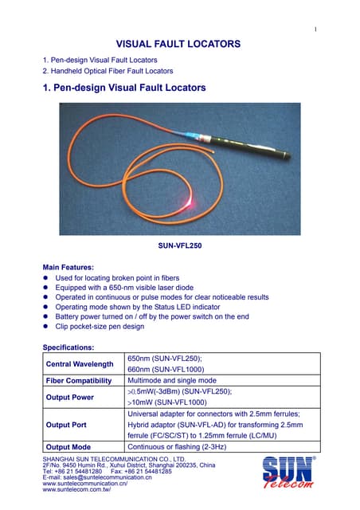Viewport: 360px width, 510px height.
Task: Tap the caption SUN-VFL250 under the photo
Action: (181, 247)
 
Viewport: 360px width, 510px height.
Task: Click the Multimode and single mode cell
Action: (172, 381)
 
